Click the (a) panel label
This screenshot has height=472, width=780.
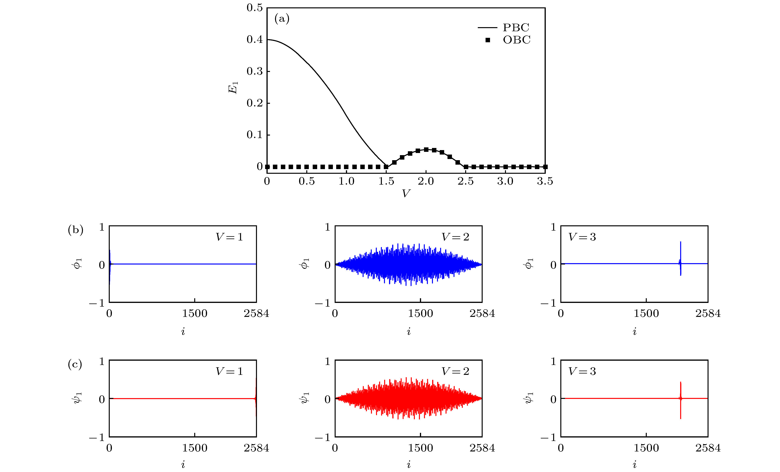(x=282, y=19)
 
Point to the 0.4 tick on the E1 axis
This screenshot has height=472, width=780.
(x=255, y=40)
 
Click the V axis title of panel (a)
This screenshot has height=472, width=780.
(x=406, y=193)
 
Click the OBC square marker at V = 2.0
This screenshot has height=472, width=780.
(x=426, y=150)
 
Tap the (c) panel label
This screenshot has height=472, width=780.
(x=75, y=365)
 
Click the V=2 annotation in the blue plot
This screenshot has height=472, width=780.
(x=455, y=237)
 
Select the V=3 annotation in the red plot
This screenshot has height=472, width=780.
(x=582, y=371)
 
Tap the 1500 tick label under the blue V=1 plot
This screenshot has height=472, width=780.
(x=194, y=314)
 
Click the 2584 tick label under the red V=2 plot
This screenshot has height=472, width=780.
(x=482, y=448)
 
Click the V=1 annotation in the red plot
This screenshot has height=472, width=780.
(x=229, y=371)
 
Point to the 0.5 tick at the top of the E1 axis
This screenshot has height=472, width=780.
(x=255, y=8)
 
